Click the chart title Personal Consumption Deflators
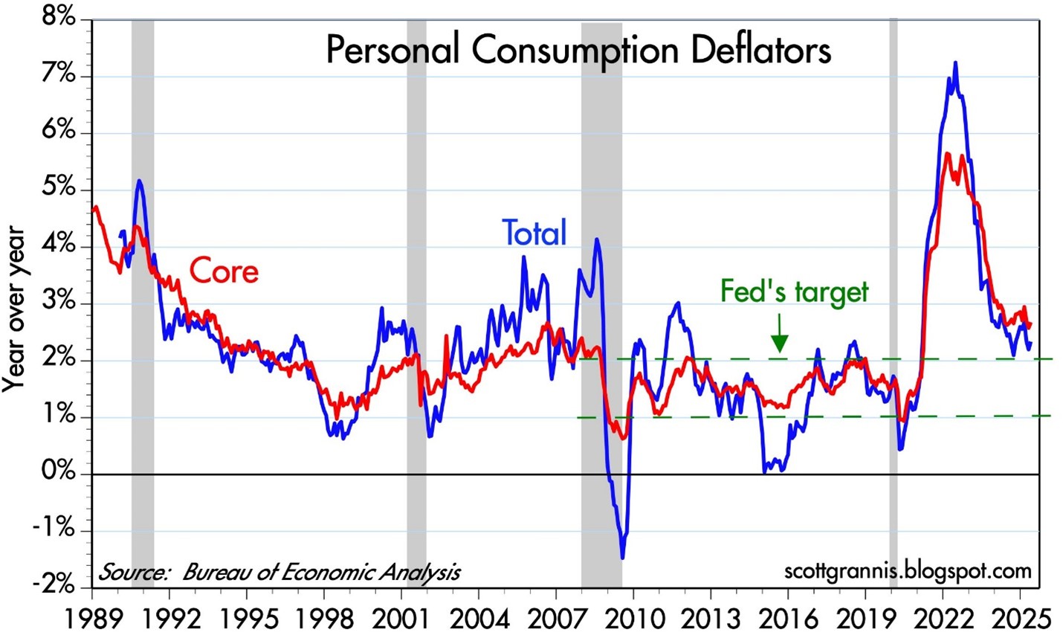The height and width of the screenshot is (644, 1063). click(578, 51)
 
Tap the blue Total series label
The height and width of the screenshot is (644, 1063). click(534, 233)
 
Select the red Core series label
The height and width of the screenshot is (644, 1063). click(224, 271)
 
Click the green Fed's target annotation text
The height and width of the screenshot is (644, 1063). click(794, 291)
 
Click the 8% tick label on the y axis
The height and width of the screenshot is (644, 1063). click(57, 18)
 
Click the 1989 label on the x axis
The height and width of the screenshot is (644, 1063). click(92, 619)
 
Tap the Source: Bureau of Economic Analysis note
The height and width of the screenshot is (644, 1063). click(280, 572)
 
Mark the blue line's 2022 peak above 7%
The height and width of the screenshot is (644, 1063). click(954, 63)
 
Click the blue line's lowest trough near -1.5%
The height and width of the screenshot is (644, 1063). click(622, 557)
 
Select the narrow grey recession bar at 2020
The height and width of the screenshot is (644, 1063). click(894, 297)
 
